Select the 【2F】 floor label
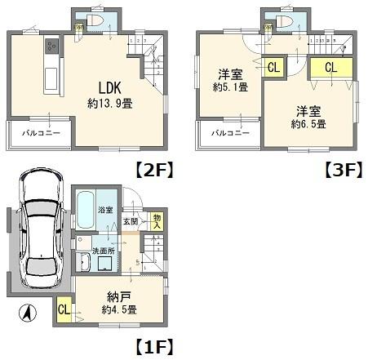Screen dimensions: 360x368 (153, 172)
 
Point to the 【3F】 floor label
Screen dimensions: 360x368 (340, 172)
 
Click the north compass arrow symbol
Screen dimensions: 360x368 (27, 311)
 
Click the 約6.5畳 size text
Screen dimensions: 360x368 (309, 123)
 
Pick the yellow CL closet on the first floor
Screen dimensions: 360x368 (64, 310)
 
